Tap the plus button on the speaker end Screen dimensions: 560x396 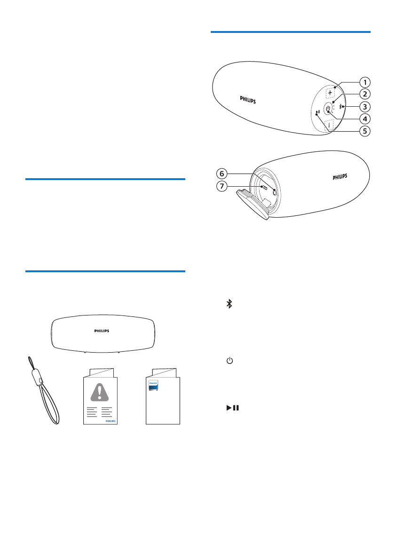[330, 93]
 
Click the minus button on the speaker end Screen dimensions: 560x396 [328, 125]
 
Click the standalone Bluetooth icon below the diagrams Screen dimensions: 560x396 [230, 304]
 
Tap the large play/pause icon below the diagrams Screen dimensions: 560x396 [232, 408]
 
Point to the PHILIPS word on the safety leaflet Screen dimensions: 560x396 [109, 422]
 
